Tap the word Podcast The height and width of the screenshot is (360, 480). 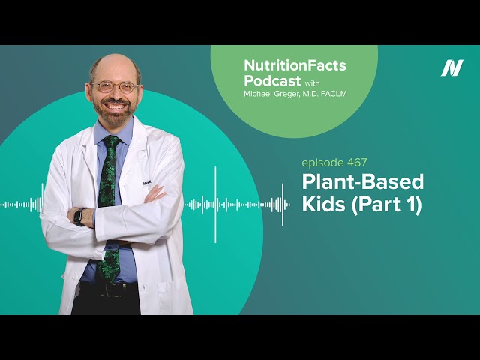pyautogui.click(x=271, y=80)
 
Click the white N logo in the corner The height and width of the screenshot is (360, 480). pyautogui.click(x=451, y=68)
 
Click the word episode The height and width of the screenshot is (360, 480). pyautogui.click(x=320, y=161)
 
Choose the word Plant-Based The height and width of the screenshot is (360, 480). pyautogui.click(x=362, y=182)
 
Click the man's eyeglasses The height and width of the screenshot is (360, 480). pyautogui.click(x=115, y=87)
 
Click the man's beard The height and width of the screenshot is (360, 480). pyautogui.click(x=115, y=115)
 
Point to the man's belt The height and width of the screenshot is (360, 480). pyautogui.click(x=112, y=286)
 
